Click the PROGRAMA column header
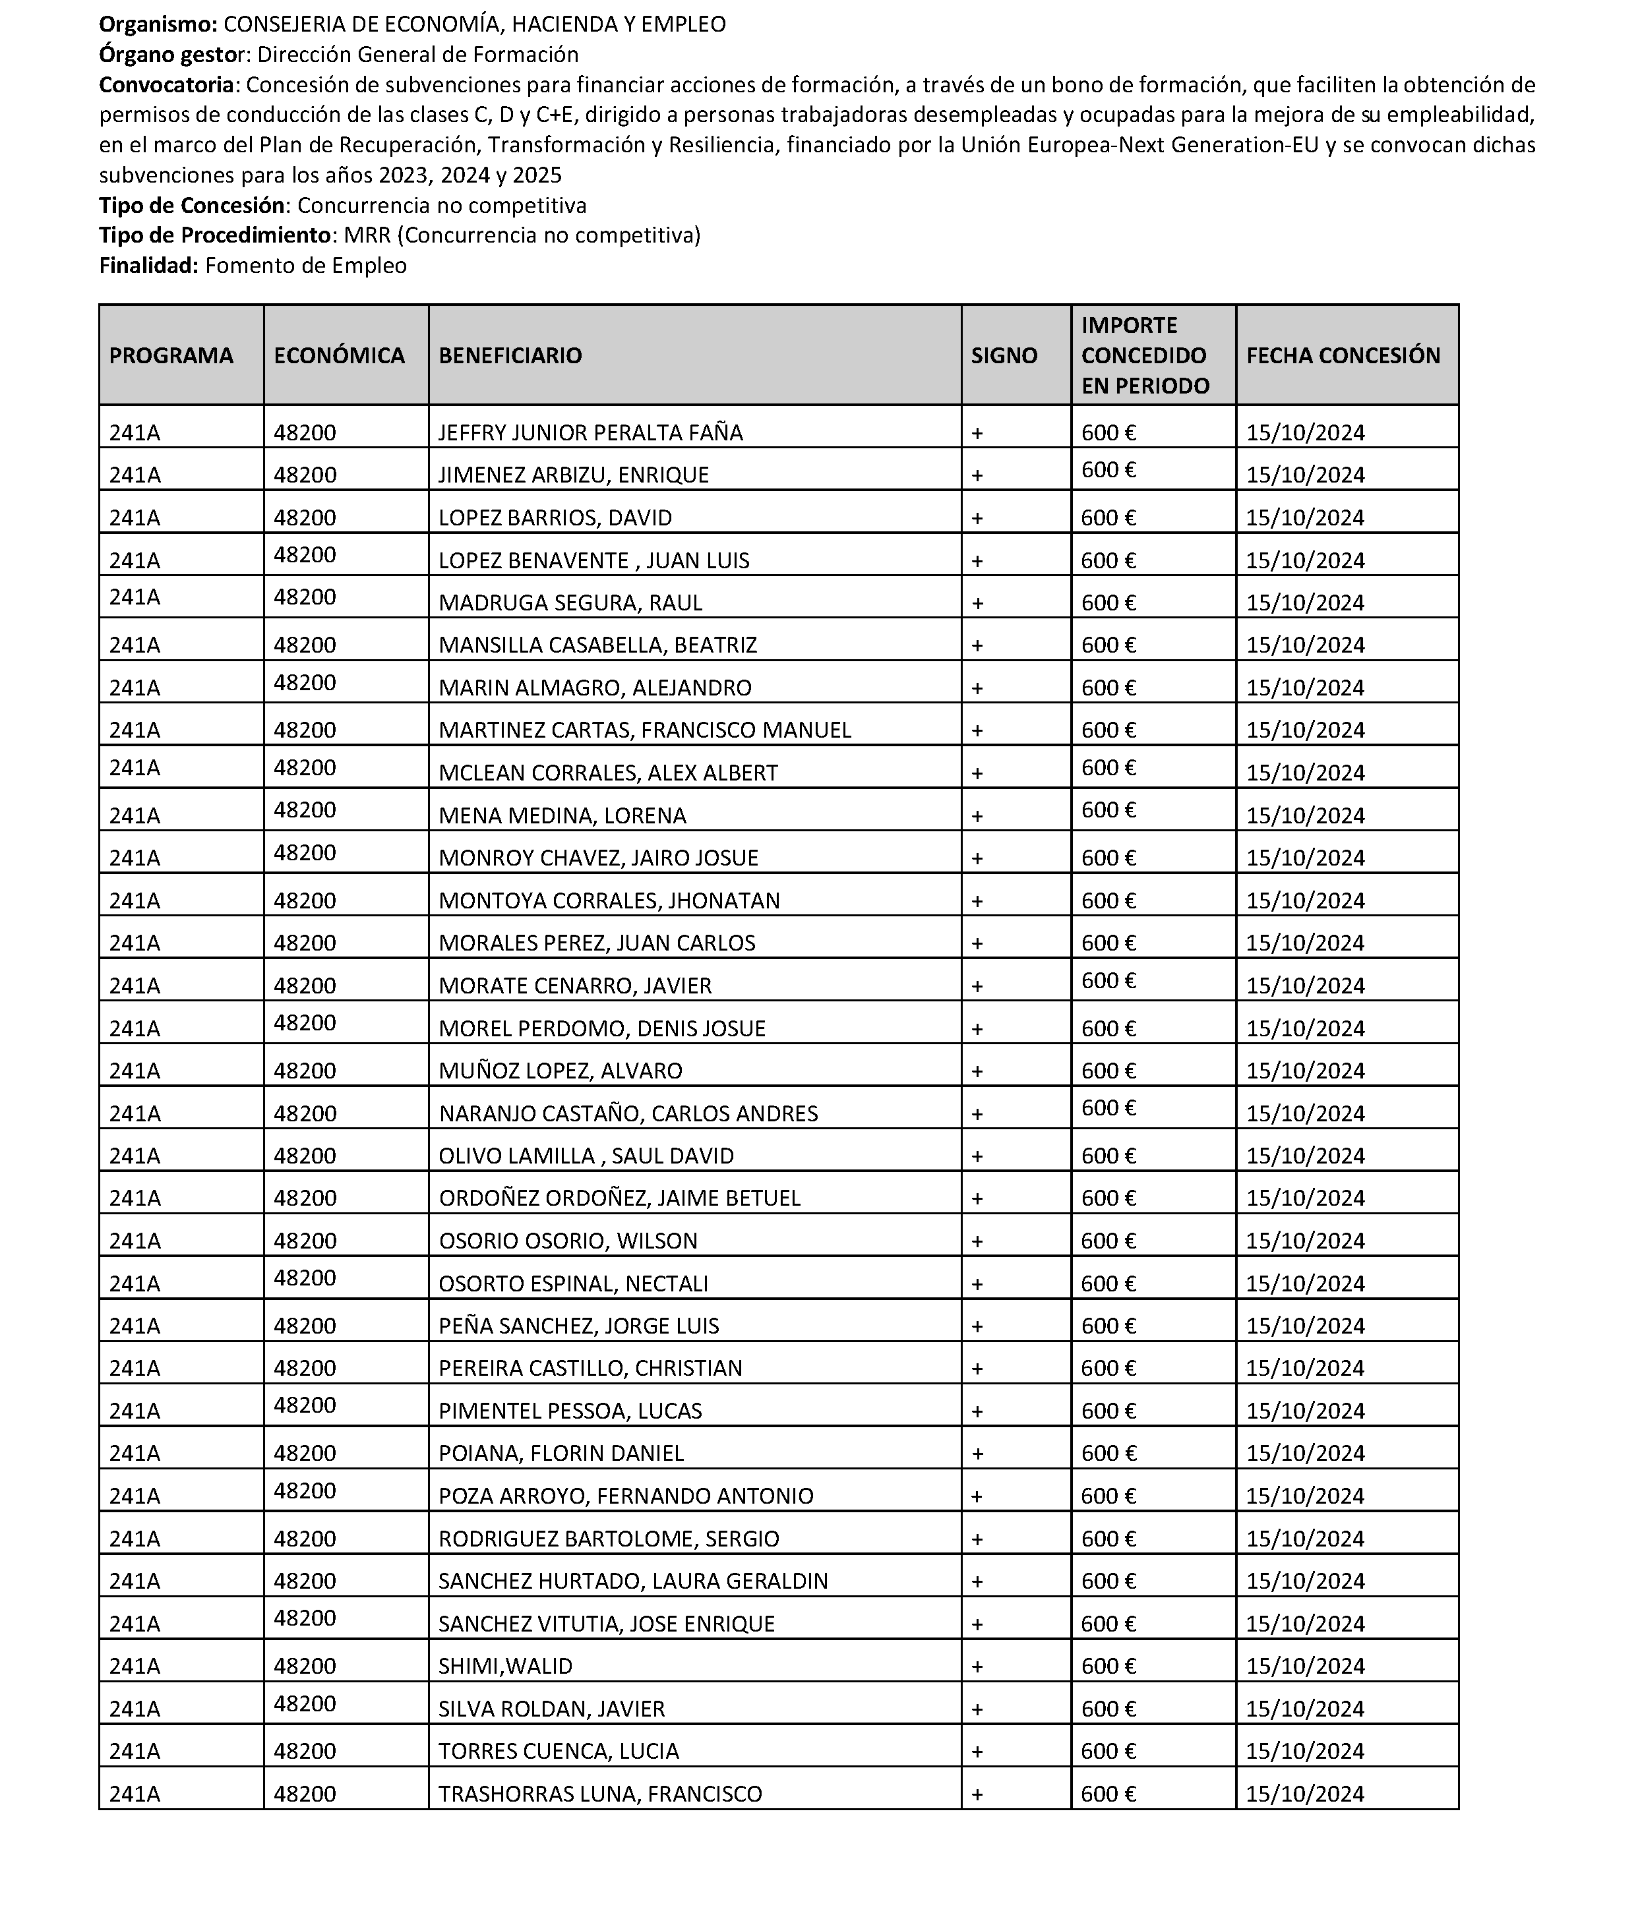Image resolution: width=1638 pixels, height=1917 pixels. (171, 355)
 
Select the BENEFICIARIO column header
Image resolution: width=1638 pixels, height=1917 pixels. (510, 355)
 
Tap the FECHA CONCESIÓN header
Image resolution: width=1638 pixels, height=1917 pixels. (1343, 355)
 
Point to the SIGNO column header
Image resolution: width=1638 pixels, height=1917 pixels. (1004, 355)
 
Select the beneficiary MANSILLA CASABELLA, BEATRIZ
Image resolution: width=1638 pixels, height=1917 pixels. (598, 645)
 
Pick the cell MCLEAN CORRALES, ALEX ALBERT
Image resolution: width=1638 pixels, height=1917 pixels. (608, 773)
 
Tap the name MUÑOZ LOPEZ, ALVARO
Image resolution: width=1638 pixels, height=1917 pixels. (560, 1071)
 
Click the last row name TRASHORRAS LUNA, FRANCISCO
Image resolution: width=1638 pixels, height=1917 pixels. (599, 1794)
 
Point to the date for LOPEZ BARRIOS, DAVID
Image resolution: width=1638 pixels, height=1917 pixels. (1305, 518)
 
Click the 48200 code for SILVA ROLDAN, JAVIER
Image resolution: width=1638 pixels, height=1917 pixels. (305, 1703)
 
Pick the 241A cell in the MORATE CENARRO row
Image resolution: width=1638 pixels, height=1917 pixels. (134, 986)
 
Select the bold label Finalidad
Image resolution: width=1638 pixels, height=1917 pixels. (148, 266)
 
